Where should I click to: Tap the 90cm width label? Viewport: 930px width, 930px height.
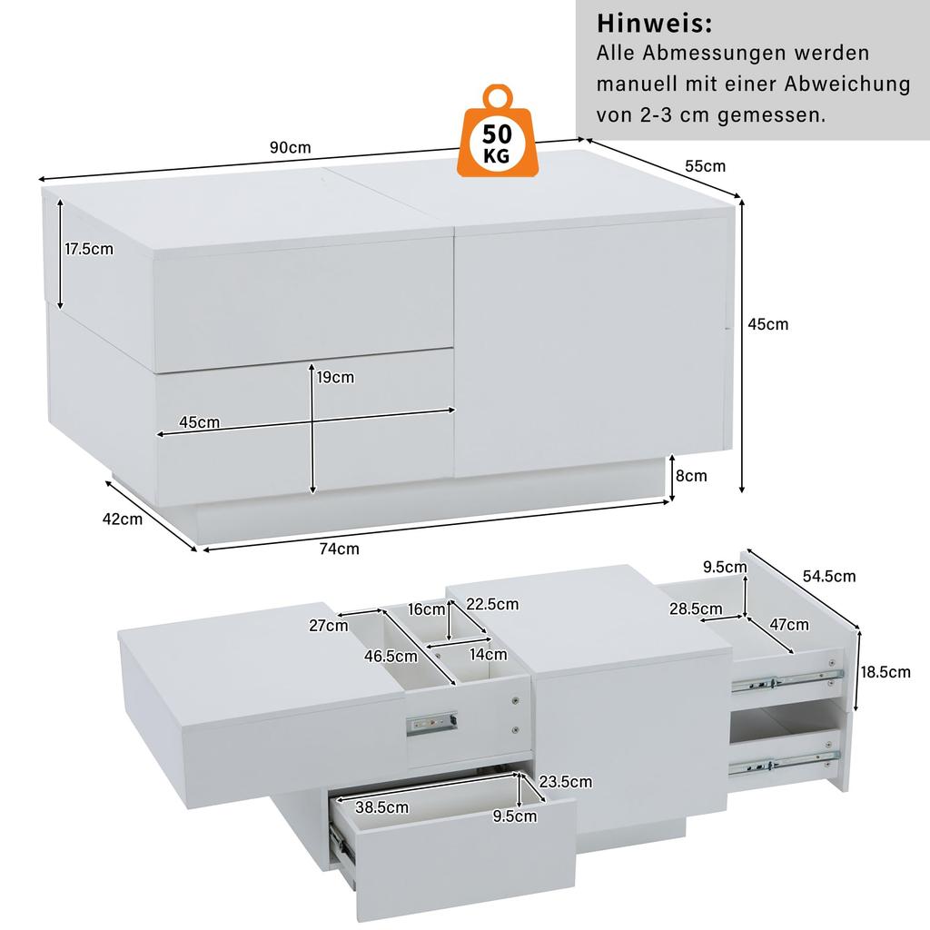tap(290, 148)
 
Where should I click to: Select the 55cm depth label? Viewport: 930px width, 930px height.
tap(705, 166)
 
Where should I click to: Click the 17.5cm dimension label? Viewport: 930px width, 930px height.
tap(89, 250)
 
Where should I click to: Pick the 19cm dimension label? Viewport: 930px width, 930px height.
tap(335, 377)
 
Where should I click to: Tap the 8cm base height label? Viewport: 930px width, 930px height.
tap(691, 475)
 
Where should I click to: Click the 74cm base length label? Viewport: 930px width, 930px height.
tap(340, 549)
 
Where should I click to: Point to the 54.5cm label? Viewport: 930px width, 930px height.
tap(828, 576)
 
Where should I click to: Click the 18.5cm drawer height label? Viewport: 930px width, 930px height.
tap(885, 672)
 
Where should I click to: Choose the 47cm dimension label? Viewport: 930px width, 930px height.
tap(789, 625)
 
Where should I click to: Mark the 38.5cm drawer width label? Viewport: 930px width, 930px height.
tap(382, 806)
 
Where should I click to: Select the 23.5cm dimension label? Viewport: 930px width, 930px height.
tap(565, 781)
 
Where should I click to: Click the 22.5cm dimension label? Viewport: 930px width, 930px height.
tap(492, 604)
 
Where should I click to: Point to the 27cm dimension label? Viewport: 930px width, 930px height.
tap(329, 625)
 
